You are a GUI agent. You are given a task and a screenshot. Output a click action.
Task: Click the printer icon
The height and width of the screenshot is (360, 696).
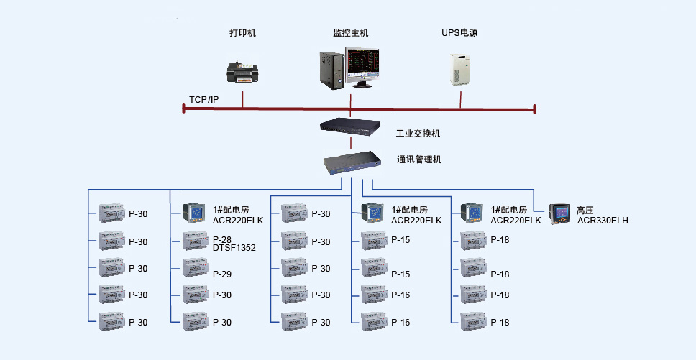pos(242,72)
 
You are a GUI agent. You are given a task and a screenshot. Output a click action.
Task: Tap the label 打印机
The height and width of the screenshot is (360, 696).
pos(242,33)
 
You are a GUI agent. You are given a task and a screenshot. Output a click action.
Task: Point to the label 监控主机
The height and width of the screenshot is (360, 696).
pos(351,33)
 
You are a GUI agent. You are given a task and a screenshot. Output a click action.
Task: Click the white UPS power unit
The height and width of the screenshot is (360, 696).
pos(459,70)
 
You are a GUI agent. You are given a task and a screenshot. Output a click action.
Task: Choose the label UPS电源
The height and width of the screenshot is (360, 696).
pos(459,33)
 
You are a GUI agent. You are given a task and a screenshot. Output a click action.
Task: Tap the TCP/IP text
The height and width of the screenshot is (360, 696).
pos(203,100)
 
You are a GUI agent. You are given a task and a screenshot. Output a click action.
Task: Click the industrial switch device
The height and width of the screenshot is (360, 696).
pos(351,126)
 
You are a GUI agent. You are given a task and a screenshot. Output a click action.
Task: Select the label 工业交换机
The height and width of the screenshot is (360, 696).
pos(418,134)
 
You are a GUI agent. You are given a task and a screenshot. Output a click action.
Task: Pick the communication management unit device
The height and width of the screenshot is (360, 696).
pos(352,162)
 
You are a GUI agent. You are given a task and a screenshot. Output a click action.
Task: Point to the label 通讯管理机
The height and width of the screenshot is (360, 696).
pos(419,160)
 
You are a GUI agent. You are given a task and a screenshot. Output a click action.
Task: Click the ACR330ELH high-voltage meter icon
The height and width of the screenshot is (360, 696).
pos(559,214)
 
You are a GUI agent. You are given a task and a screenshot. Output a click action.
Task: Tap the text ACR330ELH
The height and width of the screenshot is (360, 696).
pos(603,221)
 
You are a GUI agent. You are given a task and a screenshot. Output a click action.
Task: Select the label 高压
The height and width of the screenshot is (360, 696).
pos(585,210)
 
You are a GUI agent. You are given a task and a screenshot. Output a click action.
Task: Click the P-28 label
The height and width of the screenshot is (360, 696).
pos(222,240)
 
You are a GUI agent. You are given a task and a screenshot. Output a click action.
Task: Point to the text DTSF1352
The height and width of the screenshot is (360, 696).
pos(234,248)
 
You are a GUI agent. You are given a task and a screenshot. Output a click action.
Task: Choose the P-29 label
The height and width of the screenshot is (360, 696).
pos(222,274)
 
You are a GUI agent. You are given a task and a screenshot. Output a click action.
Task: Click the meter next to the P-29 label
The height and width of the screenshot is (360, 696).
pos(196,268)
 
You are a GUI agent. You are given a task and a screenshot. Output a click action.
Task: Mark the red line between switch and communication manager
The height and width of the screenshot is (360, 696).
pos(351,143)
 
